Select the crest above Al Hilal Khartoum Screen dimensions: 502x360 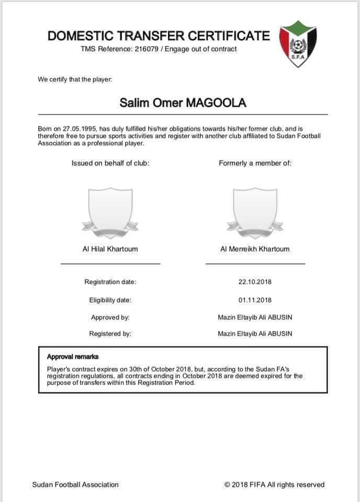pyautogui.click(x=110, y=209)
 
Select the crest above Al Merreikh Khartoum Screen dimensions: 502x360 pyautogui.click(x=255, y=209)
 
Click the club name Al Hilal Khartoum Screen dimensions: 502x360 pyautogui.click(x=110, y=249)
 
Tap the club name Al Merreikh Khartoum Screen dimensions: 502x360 pyautogui.click(x=255, y=249)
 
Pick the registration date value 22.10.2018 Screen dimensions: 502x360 pyautogui.click(x=255, y=282)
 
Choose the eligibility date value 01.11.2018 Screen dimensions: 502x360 pyautogui.click(x=255, y=300)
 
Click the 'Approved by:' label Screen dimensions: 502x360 pyautogui.click(x=110, y=317)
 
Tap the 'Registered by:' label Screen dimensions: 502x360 pyautogui.click(x=110, y=334)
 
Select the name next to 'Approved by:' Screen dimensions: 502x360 pyautogui.click(x=255, y=317)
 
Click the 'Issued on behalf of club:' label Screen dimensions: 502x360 pyautogui.click(x=110, y=163)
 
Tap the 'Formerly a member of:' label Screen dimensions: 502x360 pyautogui.click(x=255, y=163)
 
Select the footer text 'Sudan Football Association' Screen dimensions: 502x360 pyautogui.click(x=75, y=485)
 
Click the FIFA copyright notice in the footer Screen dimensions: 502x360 pyautogui.click(x=274, y=485)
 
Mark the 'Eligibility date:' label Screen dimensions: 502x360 pyautogui.click(x=110, y=300)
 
